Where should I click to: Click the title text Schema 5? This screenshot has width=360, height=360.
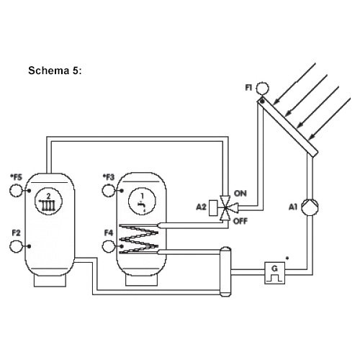55,71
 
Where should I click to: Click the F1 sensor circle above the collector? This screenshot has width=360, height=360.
262,88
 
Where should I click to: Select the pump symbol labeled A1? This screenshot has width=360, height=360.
310,207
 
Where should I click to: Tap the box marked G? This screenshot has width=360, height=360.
275,273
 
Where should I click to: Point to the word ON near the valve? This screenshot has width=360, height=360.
240,194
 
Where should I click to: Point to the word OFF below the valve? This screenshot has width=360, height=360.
240,221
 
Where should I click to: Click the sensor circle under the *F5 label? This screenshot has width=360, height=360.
16,191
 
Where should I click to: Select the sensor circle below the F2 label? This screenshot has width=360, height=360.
16,246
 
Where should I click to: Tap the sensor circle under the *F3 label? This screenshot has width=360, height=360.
109,191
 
